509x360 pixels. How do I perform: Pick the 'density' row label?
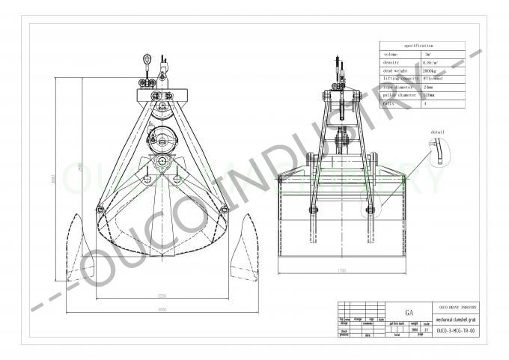[x=390, y=63]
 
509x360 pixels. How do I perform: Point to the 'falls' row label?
[x=388, y=105]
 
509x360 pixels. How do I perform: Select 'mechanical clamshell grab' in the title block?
[x=458, y=317]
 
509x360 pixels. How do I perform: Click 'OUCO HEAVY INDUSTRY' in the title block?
[x=458, y=307]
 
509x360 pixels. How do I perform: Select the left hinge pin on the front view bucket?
[x=100, y=210]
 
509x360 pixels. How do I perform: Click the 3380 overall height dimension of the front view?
[x=58, y=180]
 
